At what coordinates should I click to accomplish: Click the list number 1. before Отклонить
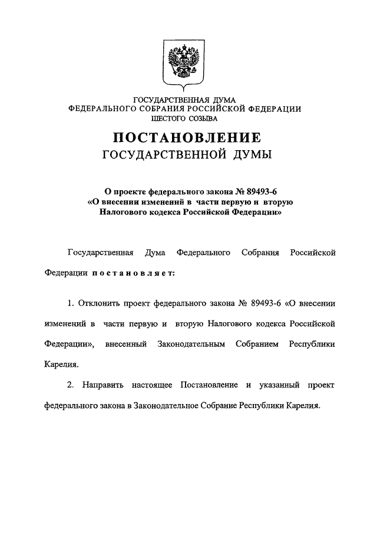[71, 303]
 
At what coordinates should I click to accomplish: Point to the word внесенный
[125, 343]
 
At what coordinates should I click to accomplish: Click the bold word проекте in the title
[133, 191]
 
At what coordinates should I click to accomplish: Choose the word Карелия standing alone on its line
[61, 365]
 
